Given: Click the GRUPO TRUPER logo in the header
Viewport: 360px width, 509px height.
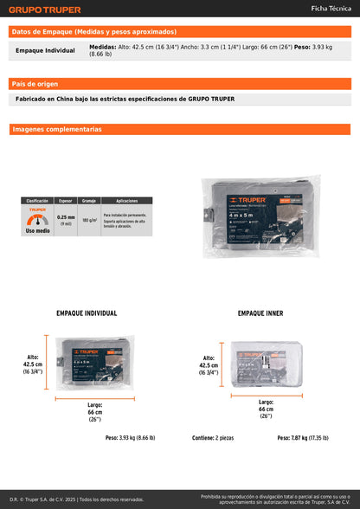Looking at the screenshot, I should click(44, 10).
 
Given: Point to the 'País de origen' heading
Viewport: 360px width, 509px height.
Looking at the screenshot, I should click(35, 83).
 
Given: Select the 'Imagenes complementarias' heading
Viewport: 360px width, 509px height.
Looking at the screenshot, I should click(57, 129).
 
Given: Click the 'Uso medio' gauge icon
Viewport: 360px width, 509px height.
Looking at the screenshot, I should click(37, 220).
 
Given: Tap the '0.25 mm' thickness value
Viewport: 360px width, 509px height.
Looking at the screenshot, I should click(66, 218).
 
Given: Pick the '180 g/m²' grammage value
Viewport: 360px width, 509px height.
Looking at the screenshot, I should click(88, 220).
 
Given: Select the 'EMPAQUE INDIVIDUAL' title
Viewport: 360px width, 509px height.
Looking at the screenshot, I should click(87, 313).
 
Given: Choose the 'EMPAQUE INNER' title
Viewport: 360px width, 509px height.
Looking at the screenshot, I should click(260, 313).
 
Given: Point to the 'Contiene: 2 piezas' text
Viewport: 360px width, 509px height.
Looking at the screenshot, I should click(213, 438).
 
